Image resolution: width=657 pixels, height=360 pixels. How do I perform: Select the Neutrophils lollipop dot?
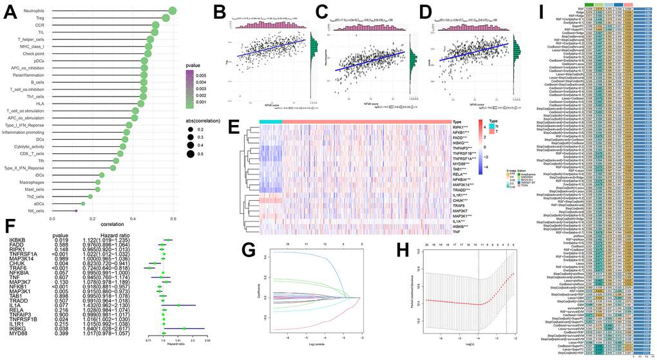[172, 11]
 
